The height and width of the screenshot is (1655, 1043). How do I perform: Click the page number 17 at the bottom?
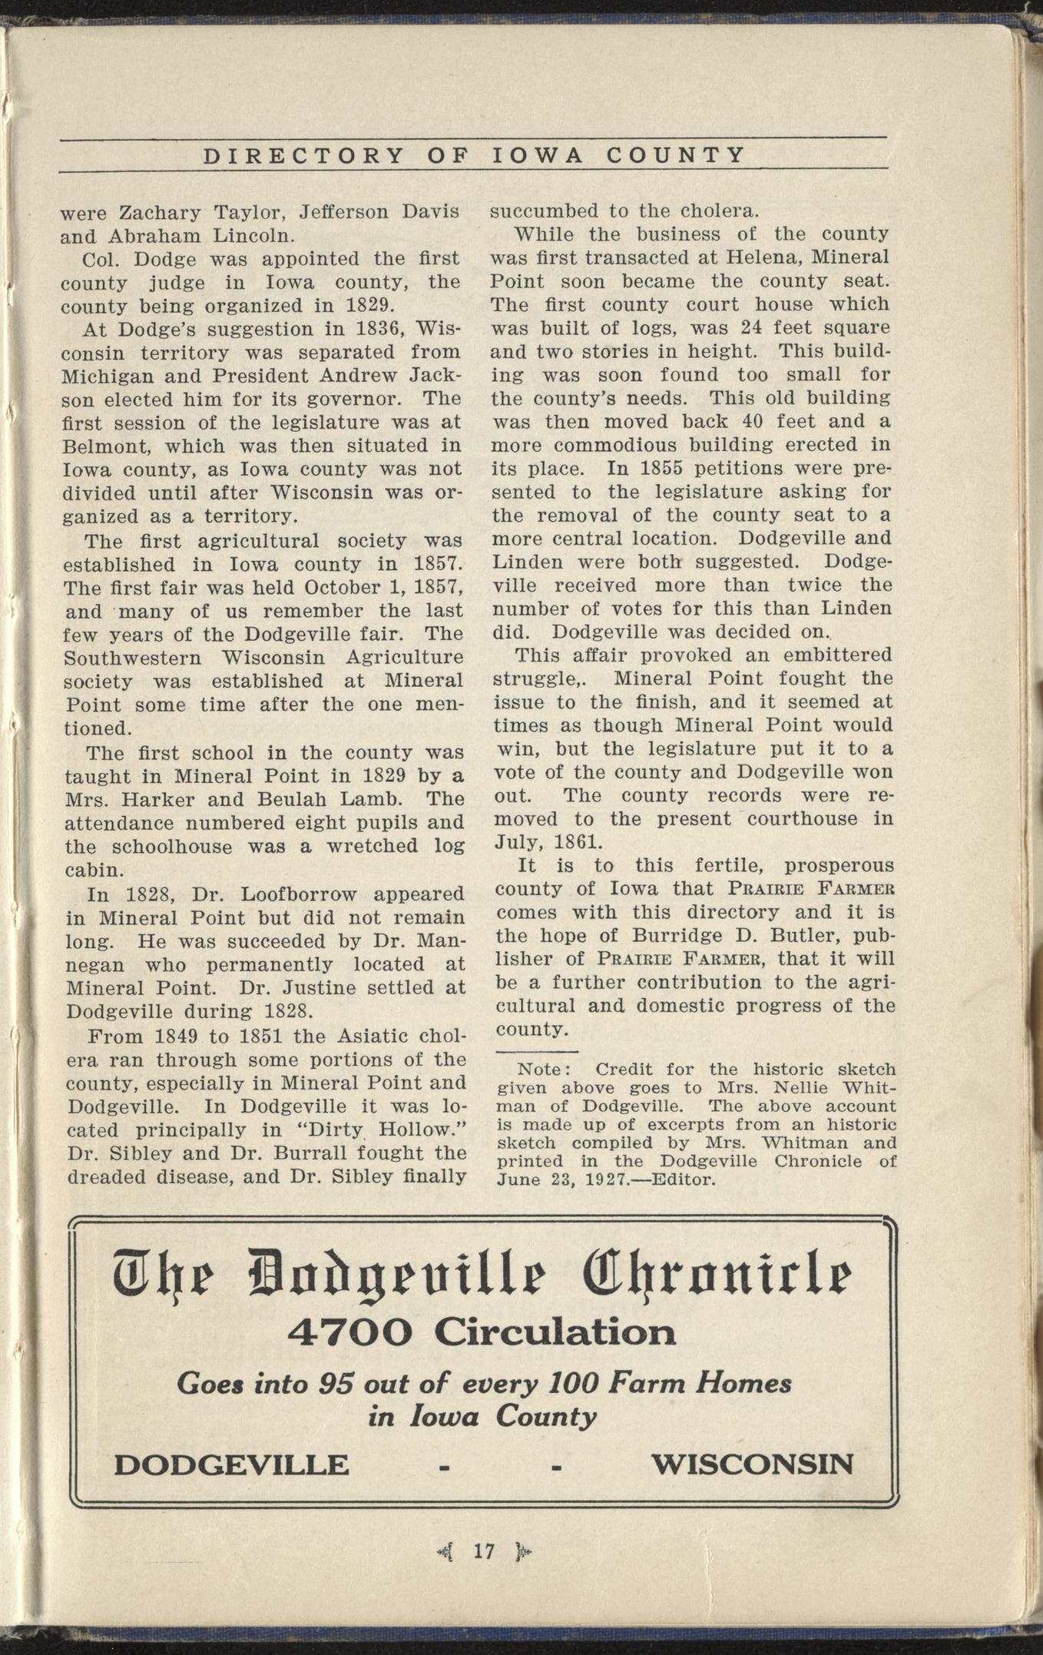484,1551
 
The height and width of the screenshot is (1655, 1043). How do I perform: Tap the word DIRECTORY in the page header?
303,156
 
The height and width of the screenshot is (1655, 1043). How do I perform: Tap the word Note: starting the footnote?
544,1070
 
